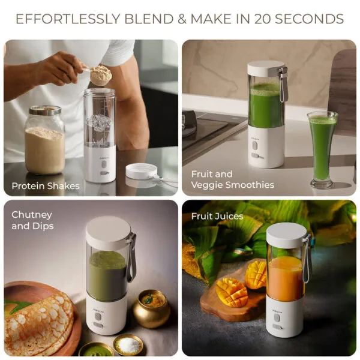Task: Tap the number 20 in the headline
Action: pos(262,19)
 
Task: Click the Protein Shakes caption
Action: pos(46,186)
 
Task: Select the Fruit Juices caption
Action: pos(217,216)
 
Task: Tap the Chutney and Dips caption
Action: pos(32,220)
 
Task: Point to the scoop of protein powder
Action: pos(101,75)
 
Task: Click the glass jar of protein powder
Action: pos(44,140)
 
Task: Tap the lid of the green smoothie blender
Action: pos(266,68)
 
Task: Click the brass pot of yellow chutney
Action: pos(152,308)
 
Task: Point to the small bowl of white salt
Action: pos(128,345)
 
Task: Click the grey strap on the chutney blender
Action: pos(131,257)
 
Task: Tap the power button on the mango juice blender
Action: pos(277,318)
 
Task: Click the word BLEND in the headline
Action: pos(149,19)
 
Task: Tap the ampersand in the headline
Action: pos(182,19)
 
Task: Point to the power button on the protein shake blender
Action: pos(104,164)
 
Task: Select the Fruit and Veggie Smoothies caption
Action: pos(233,179)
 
